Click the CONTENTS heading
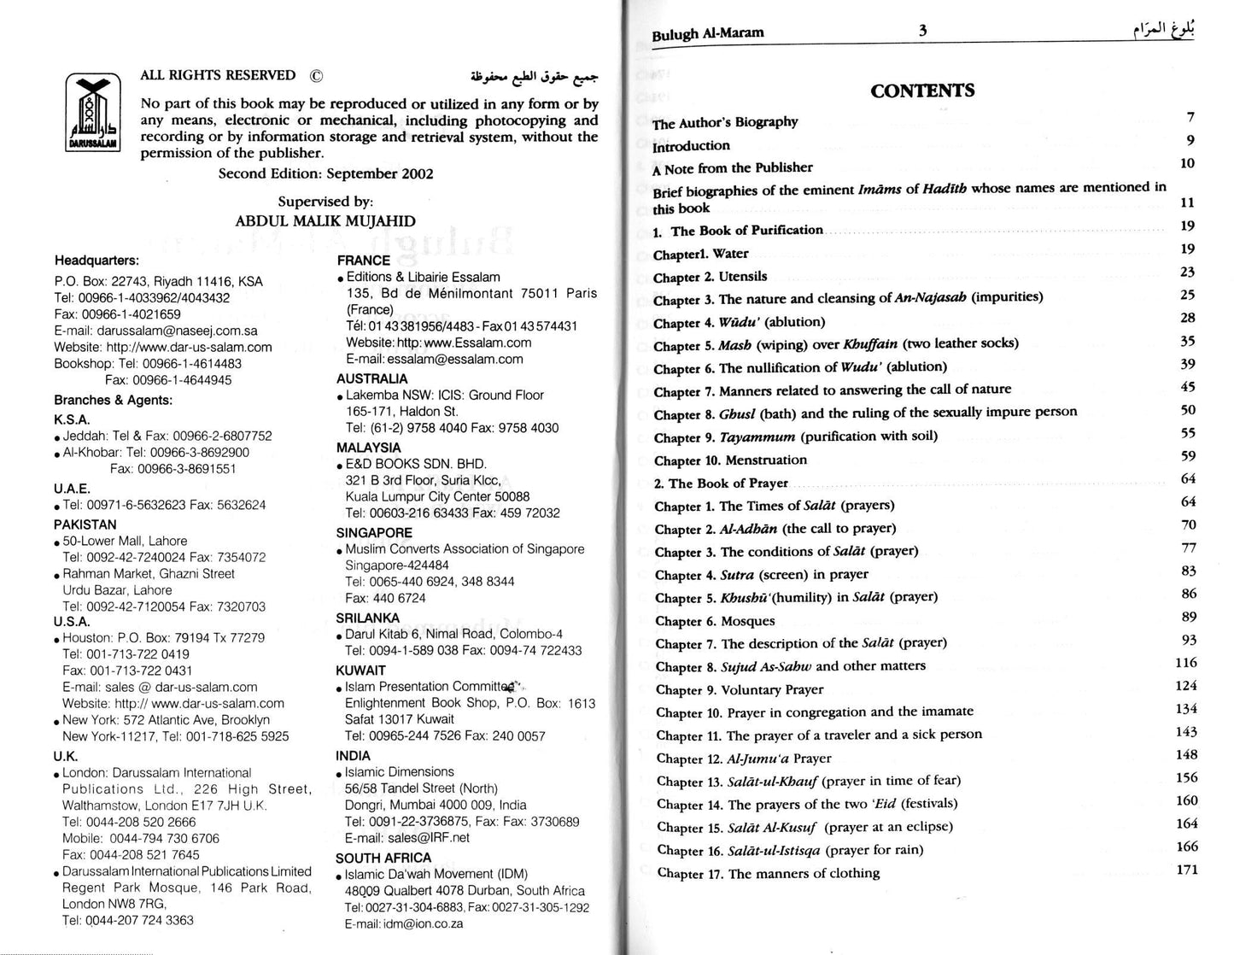(922, 91)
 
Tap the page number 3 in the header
(922, 32)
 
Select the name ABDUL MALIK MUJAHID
(325, 221)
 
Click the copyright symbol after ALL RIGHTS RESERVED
(316, 75)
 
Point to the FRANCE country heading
(363, 261)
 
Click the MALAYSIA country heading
(368, 448)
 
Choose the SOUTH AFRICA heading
(383, 858)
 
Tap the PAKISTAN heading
(85, 524)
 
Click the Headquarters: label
(96, 261)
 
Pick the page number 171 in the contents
(1187, 870)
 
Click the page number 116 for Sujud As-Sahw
(1186, 663)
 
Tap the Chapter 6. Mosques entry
(715, 621)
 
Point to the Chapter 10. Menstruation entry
(730, 460)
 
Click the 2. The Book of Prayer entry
(721, 483)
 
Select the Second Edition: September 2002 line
(325, 174)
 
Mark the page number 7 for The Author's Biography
(1190, 117)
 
